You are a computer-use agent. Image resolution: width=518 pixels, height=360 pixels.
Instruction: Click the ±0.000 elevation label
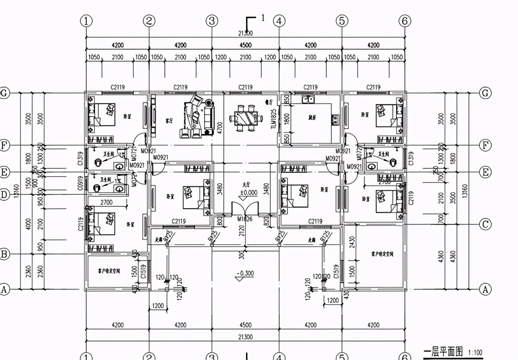coord(246,193)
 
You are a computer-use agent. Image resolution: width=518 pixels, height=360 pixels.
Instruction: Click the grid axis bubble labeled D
coord(4,195)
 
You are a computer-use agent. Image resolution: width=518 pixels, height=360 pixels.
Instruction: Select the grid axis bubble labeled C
coord(486,224)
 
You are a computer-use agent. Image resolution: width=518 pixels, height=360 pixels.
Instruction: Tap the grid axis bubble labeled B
coord(4,254)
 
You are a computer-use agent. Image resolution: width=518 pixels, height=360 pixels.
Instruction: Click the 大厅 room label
coord(246,185)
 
